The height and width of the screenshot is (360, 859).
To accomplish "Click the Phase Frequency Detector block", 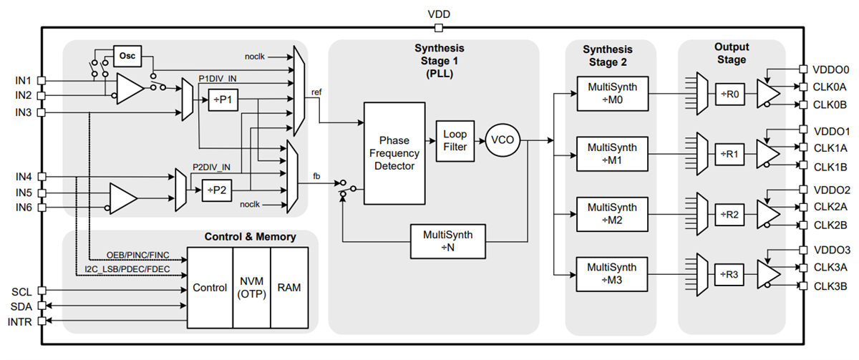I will tap(394, 151).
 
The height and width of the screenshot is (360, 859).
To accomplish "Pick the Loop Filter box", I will tap(455, 140).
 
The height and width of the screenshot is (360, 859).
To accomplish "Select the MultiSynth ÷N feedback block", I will tap(446, 240).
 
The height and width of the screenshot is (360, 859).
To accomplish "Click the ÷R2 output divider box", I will tap(732, 214).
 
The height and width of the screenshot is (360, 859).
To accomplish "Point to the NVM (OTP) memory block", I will tap(251, 288).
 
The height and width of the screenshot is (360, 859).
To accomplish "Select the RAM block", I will tap(290, 288).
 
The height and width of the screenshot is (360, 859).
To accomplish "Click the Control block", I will tap(210, 288).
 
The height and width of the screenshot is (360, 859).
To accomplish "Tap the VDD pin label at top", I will tap(438, 14).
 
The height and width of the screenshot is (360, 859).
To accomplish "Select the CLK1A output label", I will tap(831, 148).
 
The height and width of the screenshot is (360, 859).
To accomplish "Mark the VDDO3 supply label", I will tap(833, 250).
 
